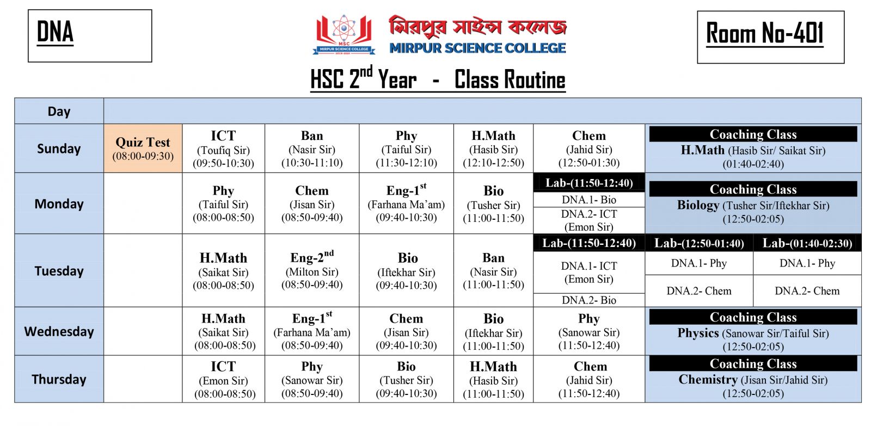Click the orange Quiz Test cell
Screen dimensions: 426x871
pyautogui.click(x=143, y=149)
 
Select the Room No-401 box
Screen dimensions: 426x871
pyautogui.click(x=770, y=37)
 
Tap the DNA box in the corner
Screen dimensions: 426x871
pyautogui.click(x=90, y=36)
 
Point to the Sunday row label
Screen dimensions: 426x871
pyautogui.click(x=59, y=149)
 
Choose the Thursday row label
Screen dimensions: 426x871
pyautogui.click(x=59, y=379)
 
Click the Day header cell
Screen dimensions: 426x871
pyautogui.click(x=59, y=112)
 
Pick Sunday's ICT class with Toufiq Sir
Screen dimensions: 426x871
pyautogui.click(x=223, y=149)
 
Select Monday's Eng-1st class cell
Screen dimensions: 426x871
pyautogui.click(x=406, y=203)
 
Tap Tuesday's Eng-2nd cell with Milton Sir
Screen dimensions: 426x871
pyautogui.click(x=312, y=270)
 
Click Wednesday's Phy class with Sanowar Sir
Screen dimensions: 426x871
pyautogui.click(x=588, y=331)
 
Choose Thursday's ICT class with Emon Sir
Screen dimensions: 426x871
pyautogui.click(x=223, y=379)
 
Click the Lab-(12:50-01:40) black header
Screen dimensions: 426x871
pyautogui.click(x=698, y=243)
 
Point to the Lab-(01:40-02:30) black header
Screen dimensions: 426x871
pyautogui.click(x=807, y=243)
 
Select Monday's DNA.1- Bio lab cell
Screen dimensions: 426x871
pyautogui.click(x=588, y=200)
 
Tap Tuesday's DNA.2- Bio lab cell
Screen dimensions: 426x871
pyautogui.click(x=588, y=300)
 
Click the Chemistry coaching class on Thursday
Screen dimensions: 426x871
pyautogui.click(x=753, y=380)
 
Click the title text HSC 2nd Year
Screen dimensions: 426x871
pyautogui.click(x=364, y=80)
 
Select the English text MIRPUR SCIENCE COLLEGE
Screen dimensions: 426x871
pyautogui.click(x=477, y=48)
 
